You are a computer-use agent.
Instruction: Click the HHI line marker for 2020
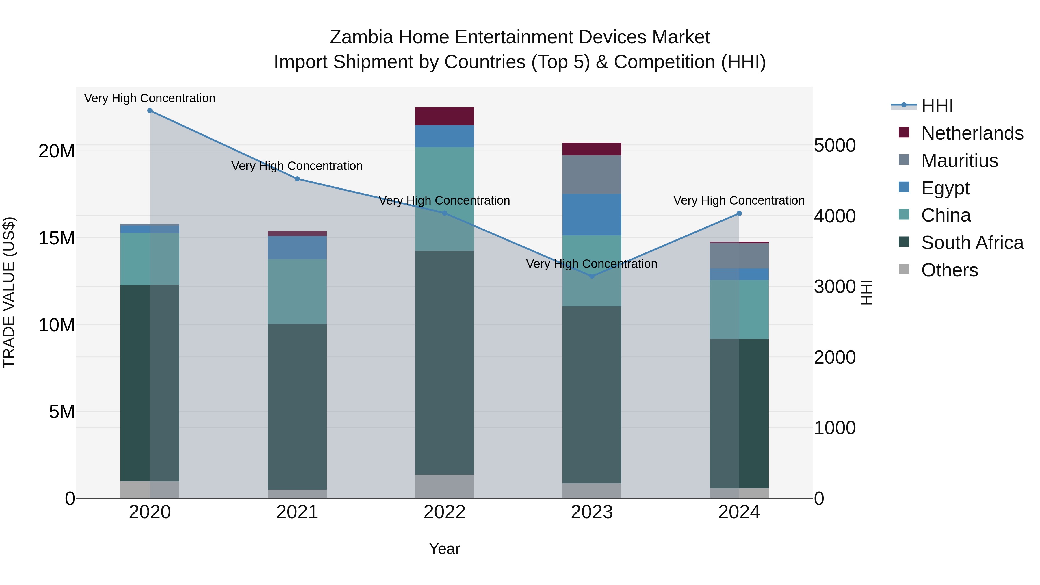click(150, 111)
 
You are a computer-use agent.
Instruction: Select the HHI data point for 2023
click(592, 276)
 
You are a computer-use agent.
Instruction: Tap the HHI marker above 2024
click(739, 213)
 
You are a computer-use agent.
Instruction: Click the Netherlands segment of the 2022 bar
click(445, 116)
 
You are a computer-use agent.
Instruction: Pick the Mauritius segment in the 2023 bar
click(592, 174)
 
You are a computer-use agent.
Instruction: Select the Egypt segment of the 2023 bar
click(592, 214)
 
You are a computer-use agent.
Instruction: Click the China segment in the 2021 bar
click(297, 291)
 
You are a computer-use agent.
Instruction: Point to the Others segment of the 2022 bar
click(445, 486)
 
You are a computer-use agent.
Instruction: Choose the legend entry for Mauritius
click(959, 161)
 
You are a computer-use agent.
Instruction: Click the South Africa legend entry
click(972, 243)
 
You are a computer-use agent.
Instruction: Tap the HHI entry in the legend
click(937, 106)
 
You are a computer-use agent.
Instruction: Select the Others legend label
click(949, 270)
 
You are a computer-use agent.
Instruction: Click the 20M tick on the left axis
click(57, 151)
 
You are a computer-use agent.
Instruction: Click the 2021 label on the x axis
click(297, 512)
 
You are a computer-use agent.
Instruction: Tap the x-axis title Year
click(445, 549)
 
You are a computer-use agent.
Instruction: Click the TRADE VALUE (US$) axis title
click(9, 292)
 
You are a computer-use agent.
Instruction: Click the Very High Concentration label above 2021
click(297, 166)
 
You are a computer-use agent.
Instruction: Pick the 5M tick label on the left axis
click(62, 412)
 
